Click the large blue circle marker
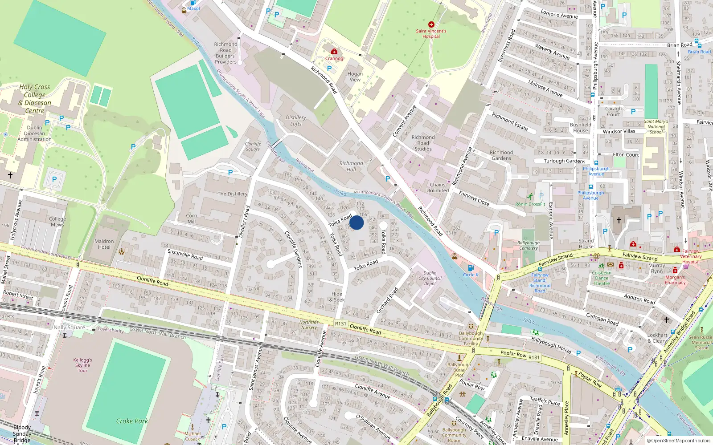coord(356,222)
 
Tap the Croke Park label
coord(132,421)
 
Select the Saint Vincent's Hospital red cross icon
coord(431,24)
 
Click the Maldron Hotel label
coord(104,244)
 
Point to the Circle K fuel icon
coord(471,268)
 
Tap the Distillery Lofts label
coord(296,121)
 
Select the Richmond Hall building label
coord(351,166)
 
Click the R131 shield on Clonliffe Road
coord(340,324)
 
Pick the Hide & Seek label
coord(337,297)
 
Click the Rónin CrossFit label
coord(530,204)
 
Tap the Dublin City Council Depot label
coord(430,278)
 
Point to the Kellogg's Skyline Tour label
coord(83,365)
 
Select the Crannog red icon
coord(334,51)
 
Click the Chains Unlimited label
coord(438,187)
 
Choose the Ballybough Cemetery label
coord(529,246)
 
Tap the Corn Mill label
coord(192,218)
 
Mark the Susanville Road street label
coord(185,255)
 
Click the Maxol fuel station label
coord(193,8)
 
